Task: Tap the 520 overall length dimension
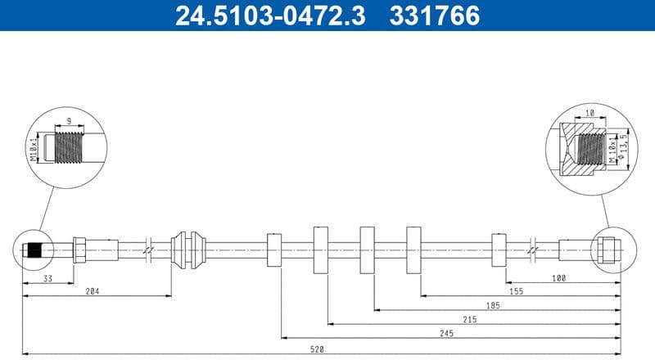pyautogui.click(x=318, y=349)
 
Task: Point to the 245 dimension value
pyautogui.click(x=446, y=334)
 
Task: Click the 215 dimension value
pyautogui.click(x=469, y=319)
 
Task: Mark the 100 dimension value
pyautogui.click(x=558, y=277)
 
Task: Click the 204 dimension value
pyautogui.click(x=97, y=290)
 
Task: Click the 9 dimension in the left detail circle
pyautogui.click(x=69, y=120)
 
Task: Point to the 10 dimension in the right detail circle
pyautogui.click(x=589, y=115)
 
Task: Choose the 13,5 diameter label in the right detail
pyautogui.click(x=624, y=148)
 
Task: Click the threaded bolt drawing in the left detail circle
pyautogui.click(x=72, y=147)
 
